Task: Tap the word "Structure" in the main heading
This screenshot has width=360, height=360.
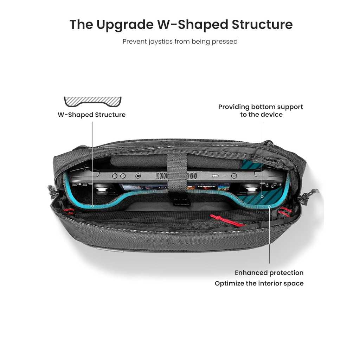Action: coord(262,24)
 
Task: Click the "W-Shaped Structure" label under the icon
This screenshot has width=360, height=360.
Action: coord(92,115)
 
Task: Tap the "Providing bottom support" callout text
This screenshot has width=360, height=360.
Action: coord(261,107)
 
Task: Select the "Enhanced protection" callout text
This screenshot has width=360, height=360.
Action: coord(269,273)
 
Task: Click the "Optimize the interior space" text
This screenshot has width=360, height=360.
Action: coord(259,283)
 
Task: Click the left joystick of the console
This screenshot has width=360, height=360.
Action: coord(101,189)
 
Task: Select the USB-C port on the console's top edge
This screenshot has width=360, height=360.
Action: coord(215,176)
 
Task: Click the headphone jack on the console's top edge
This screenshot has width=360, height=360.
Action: coord(138,176)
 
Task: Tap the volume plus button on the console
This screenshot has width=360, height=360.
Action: coord(123,176)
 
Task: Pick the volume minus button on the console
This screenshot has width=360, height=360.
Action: coord(115,176)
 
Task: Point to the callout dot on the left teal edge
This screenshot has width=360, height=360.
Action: coord(93,206)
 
